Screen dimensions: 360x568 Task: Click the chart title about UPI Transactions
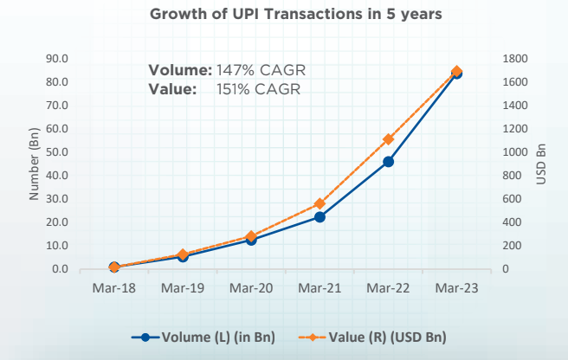[x=283, y=14]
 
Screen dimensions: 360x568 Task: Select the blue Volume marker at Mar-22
[x=388, y=162]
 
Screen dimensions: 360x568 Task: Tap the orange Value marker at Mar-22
[x=388, y=139]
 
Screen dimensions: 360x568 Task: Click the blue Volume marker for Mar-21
[x=319, y=217]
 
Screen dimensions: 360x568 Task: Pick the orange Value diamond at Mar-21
[x=319, y=204]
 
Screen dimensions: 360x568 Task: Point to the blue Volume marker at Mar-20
[x=251, y=240]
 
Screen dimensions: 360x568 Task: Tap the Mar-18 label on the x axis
[x=113, y=287]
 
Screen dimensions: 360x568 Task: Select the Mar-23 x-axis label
[x=456, y=287]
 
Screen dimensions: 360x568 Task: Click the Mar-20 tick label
[x=251, y=287]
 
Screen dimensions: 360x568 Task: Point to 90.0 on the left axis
[x=58, y=59]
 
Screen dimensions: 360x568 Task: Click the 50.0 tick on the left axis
[x=58, y=152]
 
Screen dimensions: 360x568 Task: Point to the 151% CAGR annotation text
[x=259, y=88]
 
